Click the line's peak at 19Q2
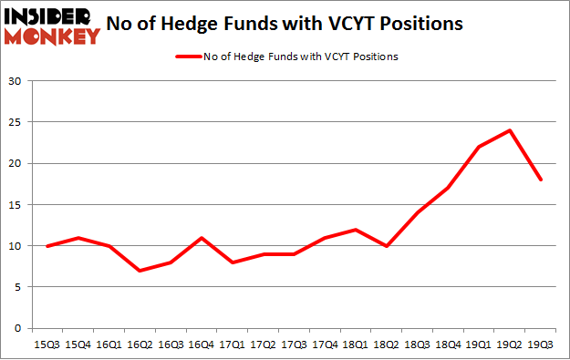coord(510,129)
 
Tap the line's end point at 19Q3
coord(542,180)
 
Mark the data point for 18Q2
coord(386,246)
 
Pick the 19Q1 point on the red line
coord(479,147)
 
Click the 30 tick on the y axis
coord(16,81)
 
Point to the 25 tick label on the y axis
coord(16,122)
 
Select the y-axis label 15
coord(16,205)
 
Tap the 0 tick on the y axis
coord(18,328)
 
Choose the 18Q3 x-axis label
coord(417,344)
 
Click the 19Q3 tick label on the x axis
coord(542,344)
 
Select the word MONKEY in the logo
coord(51,36)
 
